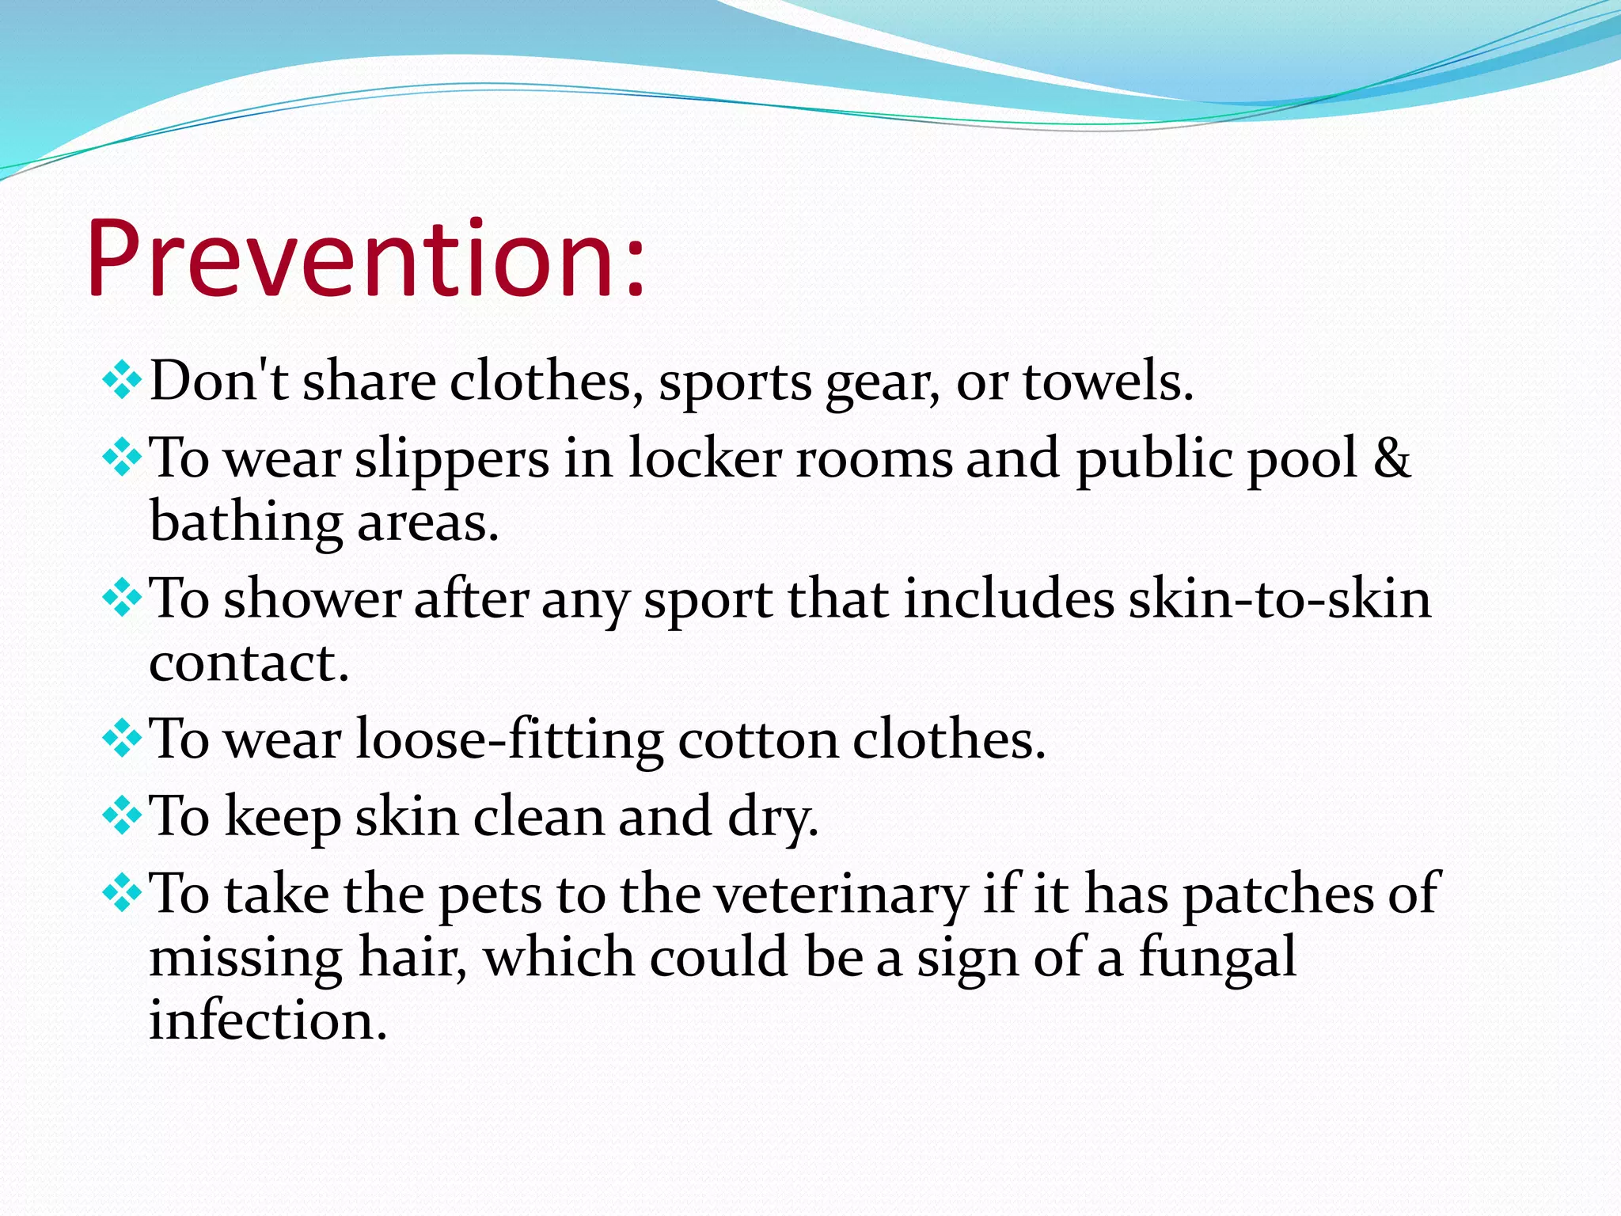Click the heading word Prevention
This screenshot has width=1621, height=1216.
[x=364, y=260]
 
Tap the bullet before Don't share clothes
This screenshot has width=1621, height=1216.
[x=122, y=380]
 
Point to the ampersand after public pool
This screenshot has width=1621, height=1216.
[x=1391, y=458]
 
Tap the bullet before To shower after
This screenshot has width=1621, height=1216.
[x=122, y=598]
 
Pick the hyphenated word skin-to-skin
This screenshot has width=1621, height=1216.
[x=1279, y=599]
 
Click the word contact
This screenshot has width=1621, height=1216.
[x=248, y=663]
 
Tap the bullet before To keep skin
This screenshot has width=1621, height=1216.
[x=122, y=816]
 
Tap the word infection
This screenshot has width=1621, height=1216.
[x=268, y=1020]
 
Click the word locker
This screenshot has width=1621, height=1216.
[x=704, y=458]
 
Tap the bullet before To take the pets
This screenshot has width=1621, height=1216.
[x=122, y=894]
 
